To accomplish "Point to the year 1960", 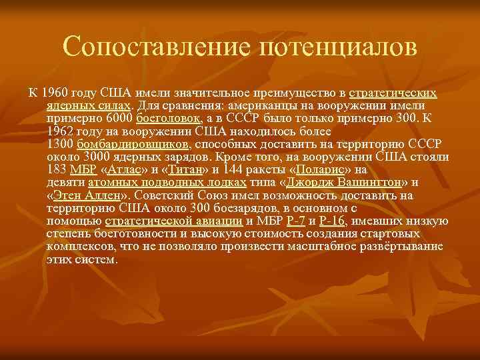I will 55,93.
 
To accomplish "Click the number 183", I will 57,169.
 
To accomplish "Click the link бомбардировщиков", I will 133,144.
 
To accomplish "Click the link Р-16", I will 332,221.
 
